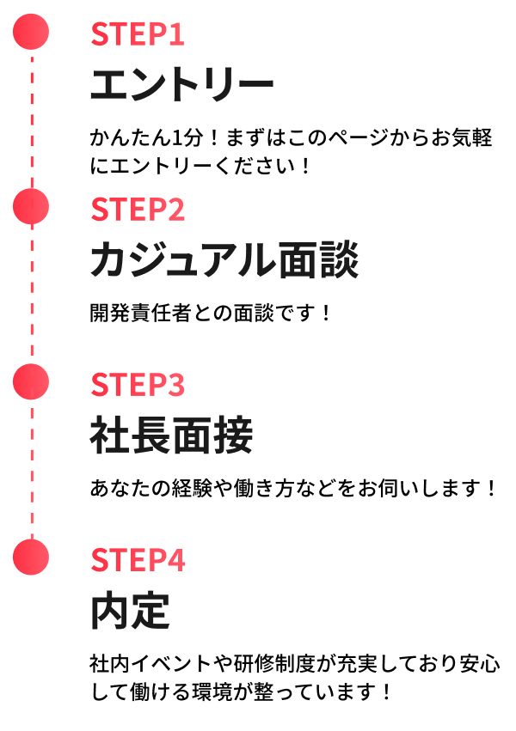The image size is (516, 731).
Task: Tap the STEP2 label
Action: point(138,210)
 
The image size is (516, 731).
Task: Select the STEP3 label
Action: point(138,385)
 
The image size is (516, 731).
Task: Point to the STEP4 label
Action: point(138,560)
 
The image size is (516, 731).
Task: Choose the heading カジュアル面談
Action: point(224,259)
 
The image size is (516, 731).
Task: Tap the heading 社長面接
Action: point(171,436)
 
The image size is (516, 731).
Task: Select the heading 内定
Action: point(130,611)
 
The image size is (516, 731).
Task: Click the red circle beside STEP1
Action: point(31,33)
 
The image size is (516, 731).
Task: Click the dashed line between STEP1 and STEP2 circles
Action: point(31,120)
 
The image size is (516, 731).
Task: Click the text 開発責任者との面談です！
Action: point(211,313)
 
